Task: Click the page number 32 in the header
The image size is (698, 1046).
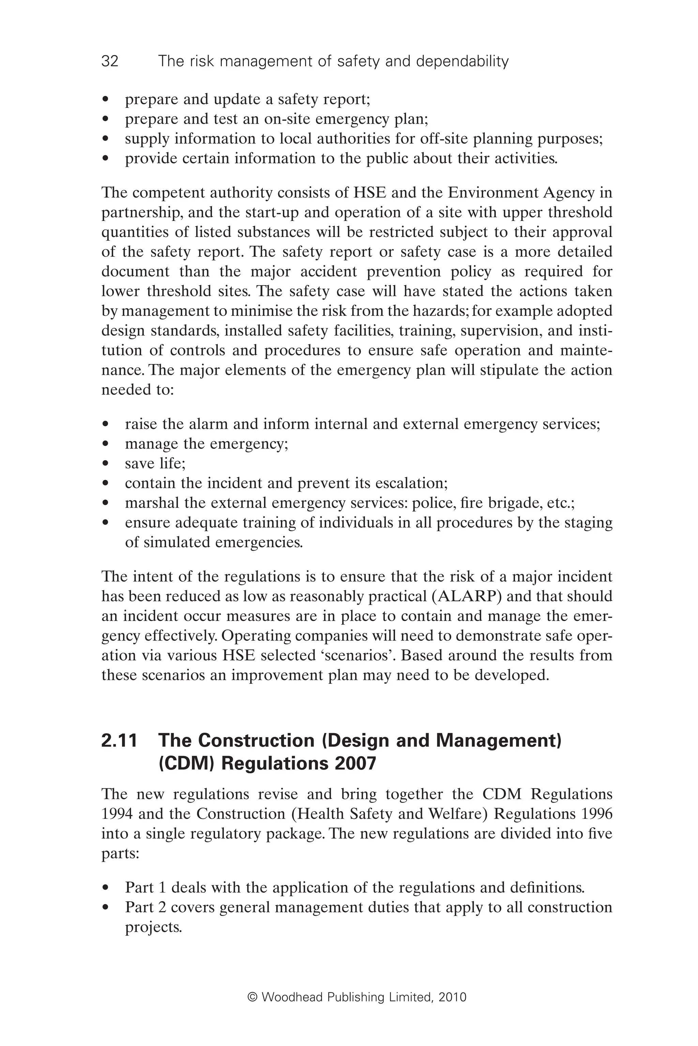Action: [x=110, y=61]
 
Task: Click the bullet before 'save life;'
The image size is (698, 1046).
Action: [x=106, y=464]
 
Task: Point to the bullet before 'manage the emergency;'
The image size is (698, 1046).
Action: [x=106, y=444]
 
